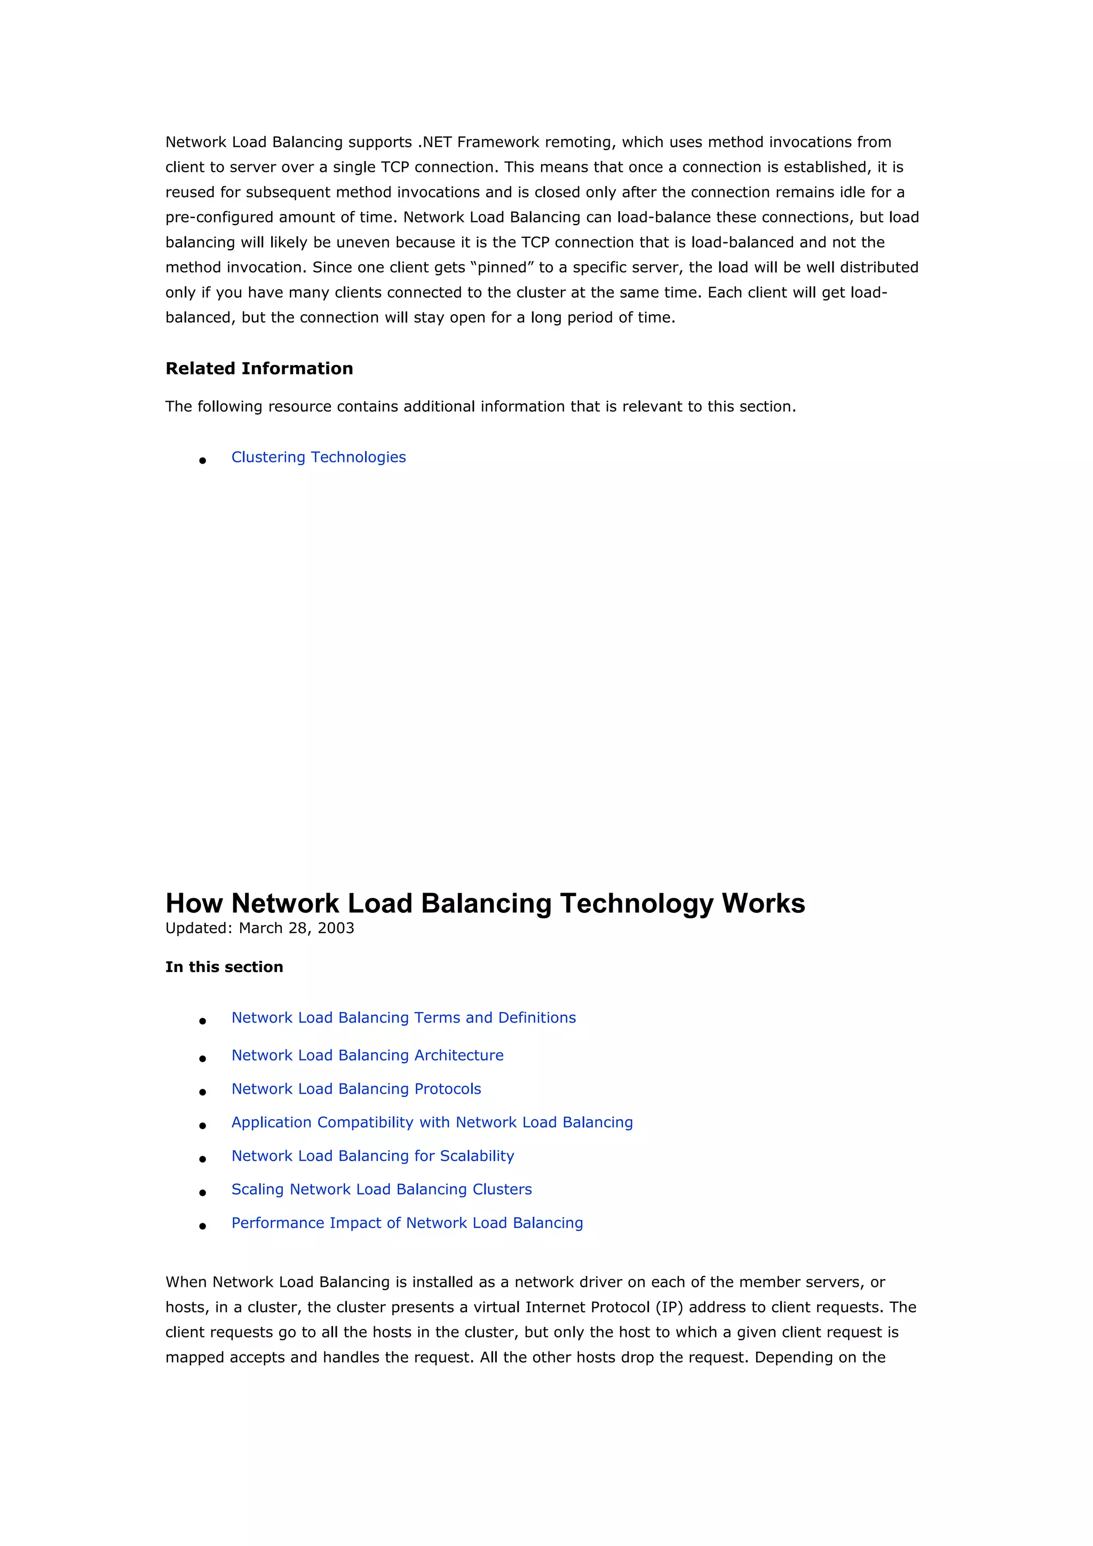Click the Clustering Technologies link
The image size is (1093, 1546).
(x=319, y=457)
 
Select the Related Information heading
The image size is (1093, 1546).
(x=259, y=368)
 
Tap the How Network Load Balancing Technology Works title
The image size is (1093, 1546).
(x=485, y=903)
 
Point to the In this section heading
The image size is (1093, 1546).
(x=224, y=967)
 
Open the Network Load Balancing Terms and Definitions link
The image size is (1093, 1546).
(x=403, y=1017)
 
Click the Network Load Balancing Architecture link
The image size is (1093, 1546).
(x=367, y=1055)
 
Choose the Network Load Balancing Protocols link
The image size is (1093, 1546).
(x=357, y=1089)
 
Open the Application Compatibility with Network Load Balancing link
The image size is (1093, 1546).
(x=432, y=1122)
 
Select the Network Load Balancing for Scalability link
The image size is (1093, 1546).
(x=373, y=1156)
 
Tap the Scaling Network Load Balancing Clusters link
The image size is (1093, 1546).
(x=381, y=1189)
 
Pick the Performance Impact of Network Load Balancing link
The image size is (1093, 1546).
(x=407, y=1223)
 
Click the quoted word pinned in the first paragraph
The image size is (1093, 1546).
(x=501, y=267)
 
